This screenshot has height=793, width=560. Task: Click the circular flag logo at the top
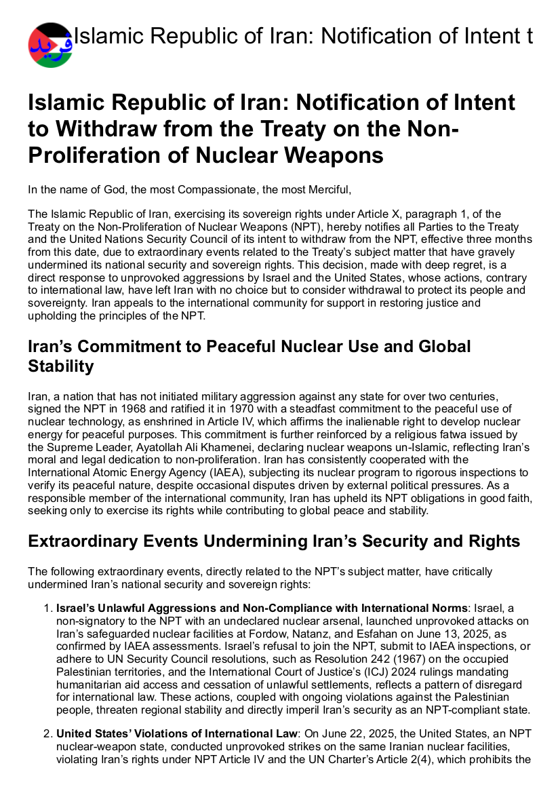[50, 45]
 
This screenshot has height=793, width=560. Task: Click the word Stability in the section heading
[60, 367]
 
